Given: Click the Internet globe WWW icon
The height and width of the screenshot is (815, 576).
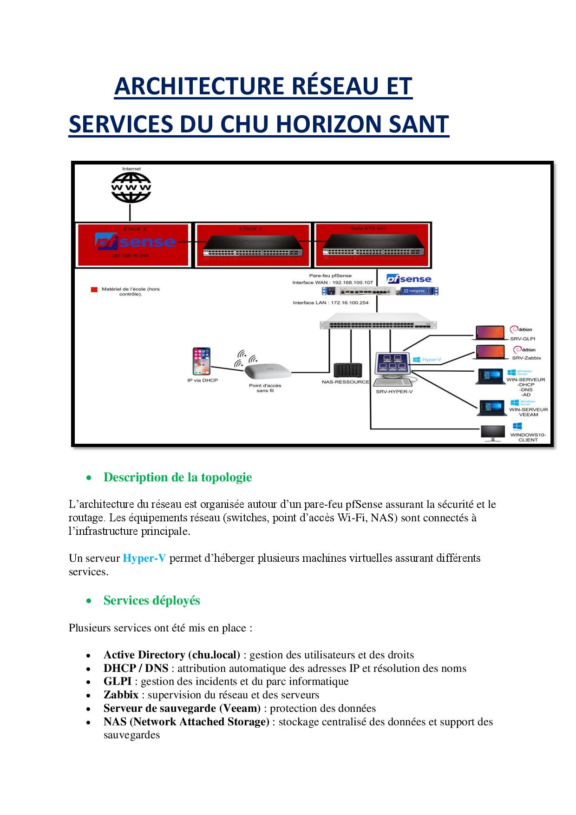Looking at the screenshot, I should tap(131, 187).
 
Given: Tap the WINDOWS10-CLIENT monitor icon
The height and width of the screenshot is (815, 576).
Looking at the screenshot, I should tap(493, 434).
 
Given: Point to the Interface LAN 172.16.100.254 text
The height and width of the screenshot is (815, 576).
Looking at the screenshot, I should tap(330, 302).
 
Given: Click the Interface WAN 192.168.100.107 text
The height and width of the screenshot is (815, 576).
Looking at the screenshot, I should tap(332, 282).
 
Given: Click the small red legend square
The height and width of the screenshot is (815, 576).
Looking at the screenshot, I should tap(93, 289).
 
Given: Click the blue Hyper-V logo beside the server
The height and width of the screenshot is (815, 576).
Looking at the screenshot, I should tap(425, 359).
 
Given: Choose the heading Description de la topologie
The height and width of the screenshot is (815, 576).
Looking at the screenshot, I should tap(177, 477).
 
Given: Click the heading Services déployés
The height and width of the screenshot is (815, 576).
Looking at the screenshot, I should tap(151, 600).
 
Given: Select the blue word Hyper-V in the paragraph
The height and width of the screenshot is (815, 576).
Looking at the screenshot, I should tap(144, 558).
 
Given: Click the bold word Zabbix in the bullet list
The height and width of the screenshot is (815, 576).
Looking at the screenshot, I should tap(121, 695).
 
